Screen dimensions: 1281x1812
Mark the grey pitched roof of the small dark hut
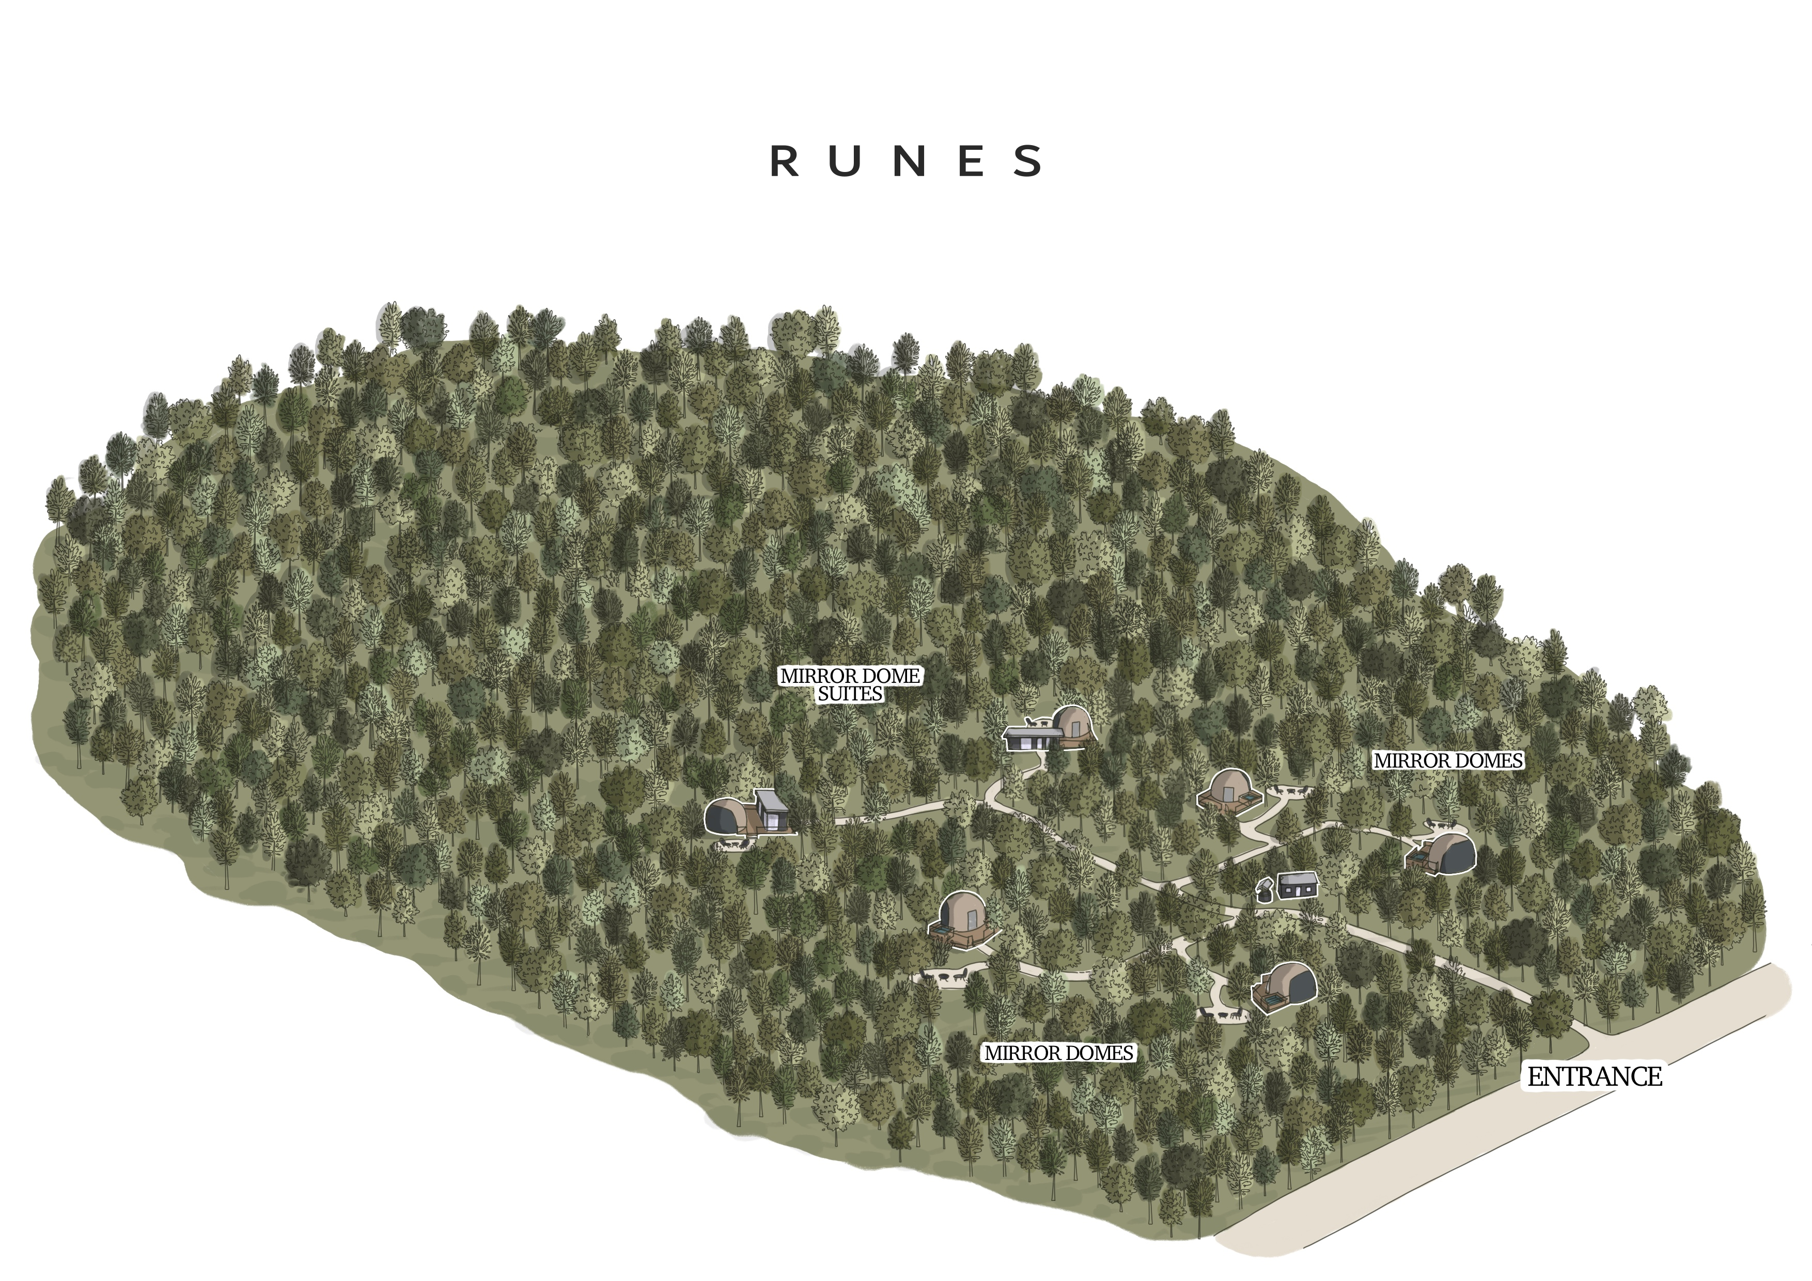(x=1298, y=878)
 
